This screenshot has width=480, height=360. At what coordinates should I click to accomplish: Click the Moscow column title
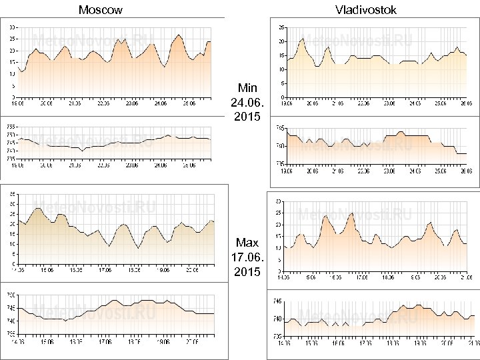(x=100, y=10)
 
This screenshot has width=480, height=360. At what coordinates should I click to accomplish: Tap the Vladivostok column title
(x=366, y=10)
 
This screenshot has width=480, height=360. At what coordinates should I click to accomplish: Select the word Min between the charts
(x=247, y=88)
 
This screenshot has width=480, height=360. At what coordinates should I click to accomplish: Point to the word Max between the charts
(x=247, y=243)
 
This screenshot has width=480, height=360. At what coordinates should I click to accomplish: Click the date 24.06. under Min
(x=247, y=103)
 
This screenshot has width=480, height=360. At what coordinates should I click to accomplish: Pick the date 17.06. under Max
(x=247, y=257)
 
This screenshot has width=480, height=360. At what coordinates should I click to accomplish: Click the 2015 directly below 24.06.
(x=247, y=117)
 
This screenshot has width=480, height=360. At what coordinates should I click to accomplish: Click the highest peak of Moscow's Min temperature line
(x=179, y=35)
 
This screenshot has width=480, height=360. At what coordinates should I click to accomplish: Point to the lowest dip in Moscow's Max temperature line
(x=138, y=248)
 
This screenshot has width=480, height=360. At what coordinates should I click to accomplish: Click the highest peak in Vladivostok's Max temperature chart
(x=351, y=213)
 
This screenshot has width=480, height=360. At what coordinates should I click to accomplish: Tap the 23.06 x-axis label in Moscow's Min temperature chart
(x=131, y=103)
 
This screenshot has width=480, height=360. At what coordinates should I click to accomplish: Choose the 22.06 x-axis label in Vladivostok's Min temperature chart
(x=363, y=103)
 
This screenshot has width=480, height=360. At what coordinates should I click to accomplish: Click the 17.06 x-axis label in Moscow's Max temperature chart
(x=105, y=271)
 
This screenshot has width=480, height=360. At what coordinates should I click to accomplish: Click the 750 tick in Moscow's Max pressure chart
(x=11, y=295)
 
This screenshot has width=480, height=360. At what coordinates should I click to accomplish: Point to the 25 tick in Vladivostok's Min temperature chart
(x=281, y=27)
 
